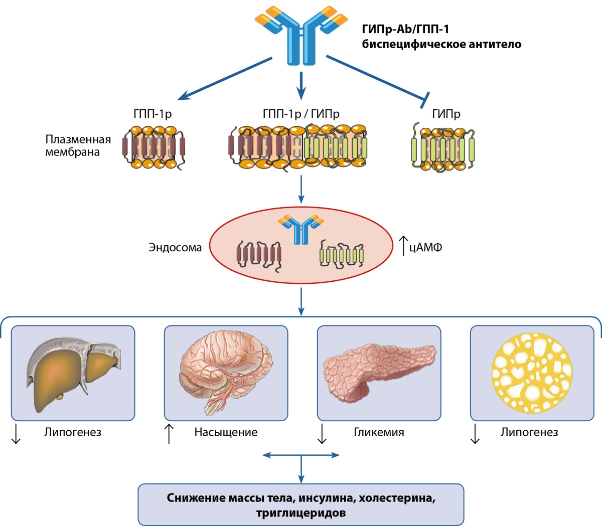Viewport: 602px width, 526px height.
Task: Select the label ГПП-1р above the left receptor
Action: pyautogui.click(x=153, y=113)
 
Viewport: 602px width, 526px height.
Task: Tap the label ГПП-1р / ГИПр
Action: pyautogui.click(x=300, y=113)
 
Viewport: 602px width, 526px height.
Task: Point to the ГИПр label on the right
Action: pyautogui.click(x=446, y=113)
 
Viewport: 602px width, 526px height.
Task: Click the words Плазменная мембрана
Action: pyautogui.click(x=78, y=145)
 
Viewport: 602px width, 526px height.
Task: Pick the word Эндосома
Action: pyautogui.click(x=175, y=247)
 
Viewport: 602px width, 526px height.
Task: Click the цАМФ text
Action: pyautogui.click(x=425, y=247)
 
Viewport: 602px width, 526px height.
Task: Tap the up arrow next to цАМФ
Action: pyautogui.click(x=403, y=245)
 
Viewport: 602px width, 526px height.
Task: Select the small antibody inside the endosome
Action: pyautogui.click(x=300, y=229)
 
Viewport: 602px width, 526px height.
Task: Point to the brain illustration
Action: pyautogui.click(x=226, y=373)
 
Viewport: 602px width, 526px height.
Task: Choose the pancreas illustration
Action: pyautogui.click(x=379, y=372)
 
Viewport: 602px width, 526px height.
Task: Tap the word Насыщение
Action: pyautogui.click(x=226, y=432)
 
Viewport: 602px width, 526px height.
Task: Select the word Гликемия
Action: pyautogui.click(x=379, y=432)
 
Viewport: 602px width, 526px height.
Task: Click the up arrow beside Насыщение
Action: pyautogui.click(x=169, y=433)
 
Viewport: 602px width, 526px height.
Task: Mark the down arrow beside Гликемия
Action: pyautogui.click(x=322, y=433)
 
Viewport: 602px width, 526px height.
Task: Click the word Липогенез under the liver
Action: pyautogui.click(x=73, y=432)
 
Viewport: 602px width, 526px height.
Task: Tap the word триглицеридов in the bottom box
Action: pyautogui.click(x=300, y=513)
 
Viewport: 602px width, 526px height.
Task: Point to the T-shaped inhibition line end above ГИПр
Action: pyautogui.click(x=425, y=100)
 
